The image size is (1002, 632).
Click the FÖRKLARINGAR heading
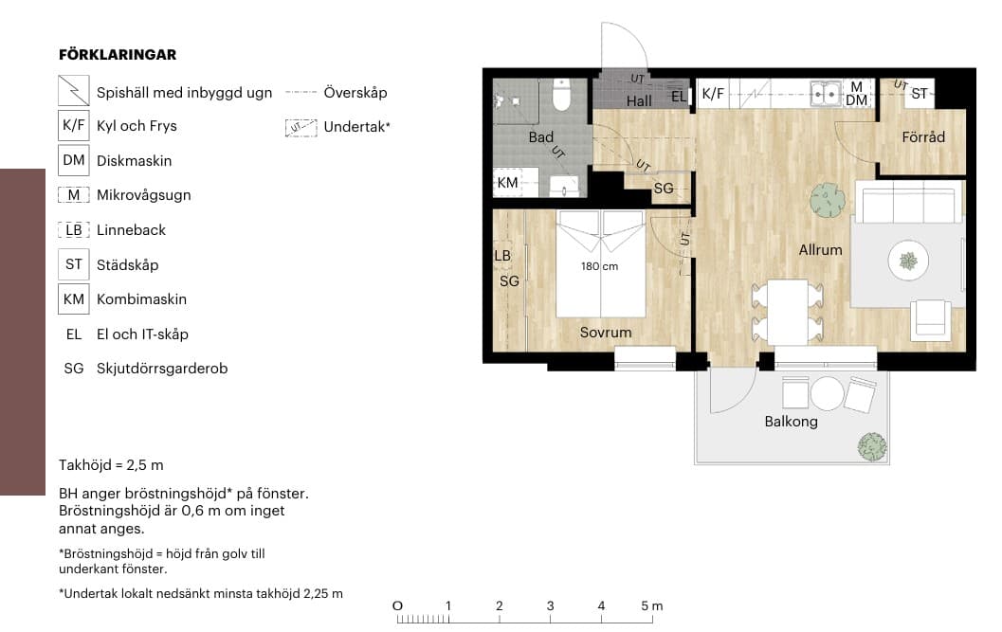click(x=118, y=55)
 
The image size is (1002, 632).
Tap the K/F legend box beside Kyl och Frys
click(x=74, y=125)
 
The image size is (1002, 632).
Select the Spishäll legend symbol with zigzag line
click(x=74, y=90)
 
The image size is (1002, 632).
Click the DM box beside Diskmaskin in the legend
click(x=74, y=160)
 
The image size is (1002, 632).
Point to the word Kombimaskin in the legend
click(x=142, y=299)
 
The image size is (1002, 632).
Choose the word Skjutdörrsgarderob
click(x=162, y=369)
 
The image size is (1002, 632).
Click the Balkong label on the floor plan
click(x=792, y=422)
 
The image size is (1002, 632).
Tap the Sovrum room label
click(x=606, y=333)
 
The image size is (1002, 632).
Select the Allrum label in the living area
click(x=821, y=250)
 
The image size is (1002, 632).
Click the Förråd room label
click(x=923, y=136)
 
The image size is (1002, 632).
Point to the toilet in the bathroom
click(x=561, y=95)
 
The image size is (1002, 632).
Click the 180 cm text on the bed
click(x=599, y=266)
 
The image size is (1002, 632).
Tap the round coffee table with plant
click(x=908, y=260)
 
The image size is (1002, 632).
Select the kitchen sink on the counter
click(x=826, y=94)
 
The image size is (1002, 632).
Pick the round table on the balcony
click(x=827, y=393)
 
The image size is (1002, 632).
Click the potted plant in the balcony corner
click(x=872, y=446)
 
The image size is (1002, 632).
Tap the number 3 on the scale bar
click(x=550, y=605)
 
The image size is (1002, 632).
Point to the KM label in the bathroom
click(x=507, y=183)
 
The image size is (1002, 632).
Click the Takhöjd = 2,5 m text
click(x=111, y=465)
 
